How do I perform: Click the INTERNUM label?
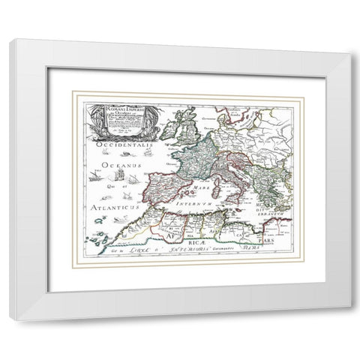[196, 202]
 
